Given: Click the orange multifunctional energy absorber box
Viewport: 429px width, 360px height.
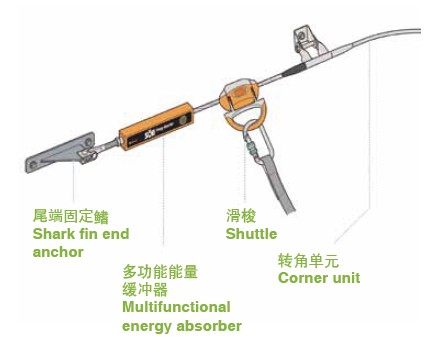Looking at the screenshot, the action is tap(157, 126).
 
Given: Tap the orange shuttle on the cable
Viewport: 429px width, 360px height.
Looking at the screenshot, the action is tap(240, 102).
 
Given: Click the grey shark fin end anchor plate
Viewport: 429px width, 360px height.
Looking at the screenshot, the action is tap(60, 152).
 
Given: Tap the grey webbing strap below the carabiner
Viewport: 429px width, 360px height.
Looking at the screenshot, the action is tap(278, 186).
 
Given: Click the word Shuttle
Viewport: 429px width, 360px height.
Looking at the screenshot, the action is tap(251, 234).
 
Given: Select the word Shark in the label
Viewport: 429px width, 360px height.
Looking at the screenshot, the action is tap(52, 234).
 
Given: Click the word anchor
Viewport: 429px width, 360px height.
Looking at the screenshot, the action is tap(58, 252).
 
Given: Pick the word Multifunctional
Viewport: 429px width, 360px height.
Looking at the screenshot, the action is tap(176, 307).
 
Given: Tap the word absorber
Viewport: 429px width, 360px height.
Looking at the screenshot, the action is tap(209, 326).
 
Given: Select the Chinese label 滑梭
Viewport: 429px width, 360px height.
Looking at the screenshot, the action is tap(241, 215).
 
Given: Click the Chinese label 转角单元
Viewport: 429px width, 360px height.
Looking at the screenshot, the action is tap(308, 260).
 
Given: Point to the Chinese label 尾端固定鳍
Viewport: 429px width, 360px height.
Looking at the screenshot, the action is tap(71, 216).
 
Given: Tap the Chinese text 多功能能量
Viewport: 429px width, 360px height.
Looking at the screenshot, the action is tap(160, 272).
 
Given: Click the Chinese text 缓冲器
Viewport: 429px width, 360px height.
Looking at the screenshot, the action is tap(145, 289).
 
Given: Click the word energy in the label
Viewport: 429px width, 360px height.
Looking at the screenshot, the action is tap(147, 327).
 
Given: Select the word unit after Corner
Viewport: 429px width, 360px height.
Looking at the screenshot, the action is tap(345, 278).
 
